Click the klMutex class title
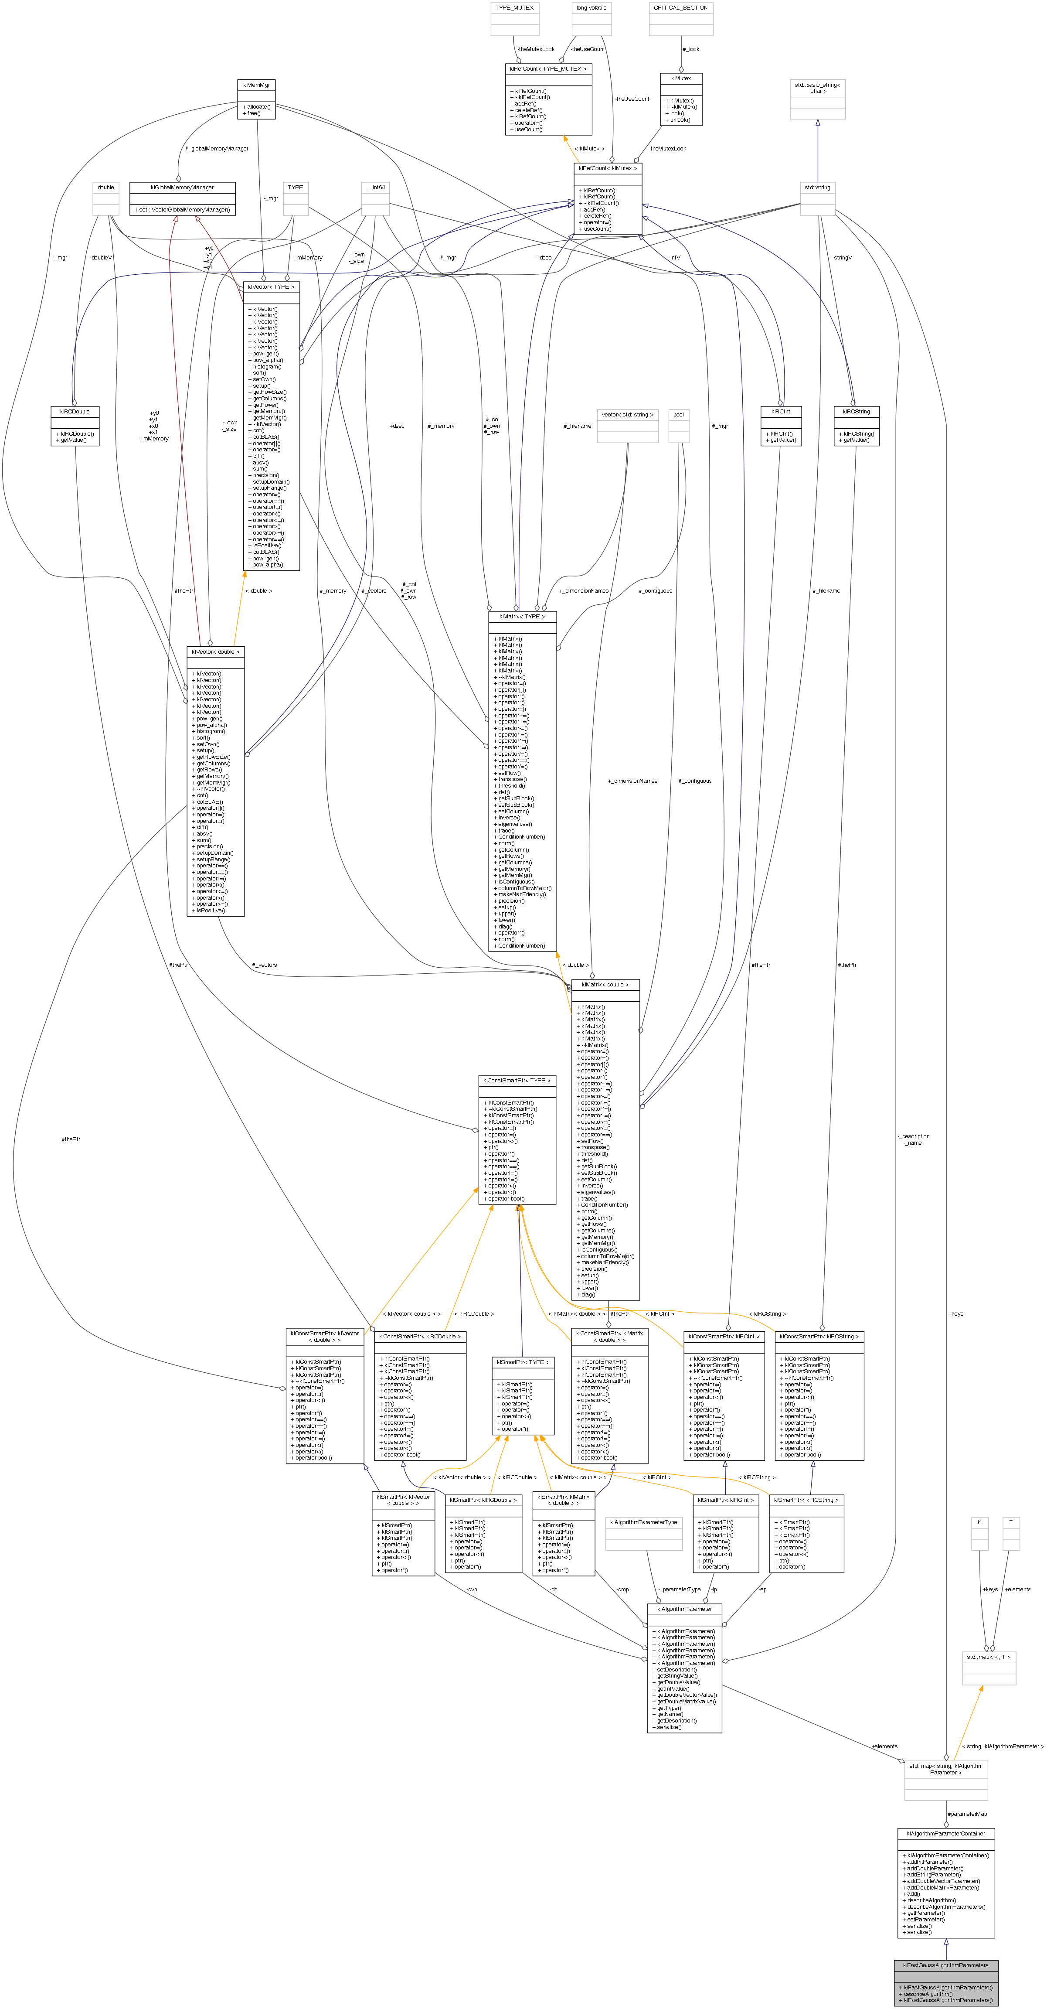point(680,79)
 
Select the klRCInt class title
point(780,411)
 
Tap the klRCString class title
point(856,411)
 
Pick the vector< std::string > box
point(628,415)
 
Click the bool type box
point(678,415)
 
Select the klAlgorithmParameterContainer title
point(945,1833)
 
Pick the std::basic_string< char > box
point(817,87)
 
